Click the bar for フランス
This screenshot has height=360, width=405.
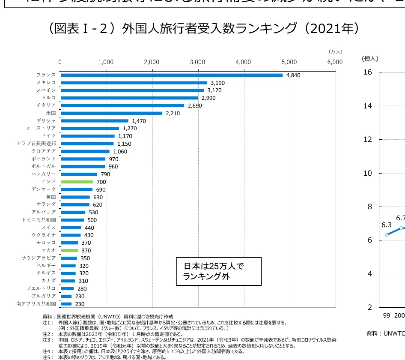171,75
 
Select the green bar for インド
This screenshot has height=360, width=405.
77,182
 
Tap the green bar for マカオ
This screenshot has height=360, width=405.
69,250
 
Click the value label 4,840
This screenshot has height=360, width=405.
293,75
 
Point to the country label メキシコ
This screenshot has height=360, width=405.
46,83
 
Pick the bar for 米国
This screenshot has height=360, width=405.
111,113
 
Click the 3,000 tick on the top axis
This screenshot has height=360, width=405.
197,62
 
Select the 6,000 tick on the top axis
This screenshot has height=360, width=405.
335,62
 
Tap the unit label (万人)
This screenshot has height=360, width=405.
336,51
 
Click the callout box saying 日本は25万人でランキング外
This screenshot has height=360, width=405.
218,271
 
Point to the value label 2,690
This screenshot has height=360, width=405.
194,106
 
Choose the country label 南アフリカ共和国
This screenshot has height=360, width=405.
36,304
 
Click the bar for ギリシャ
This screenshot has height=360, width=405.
94,121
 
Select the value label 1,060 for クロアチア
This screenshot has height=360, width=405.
120,152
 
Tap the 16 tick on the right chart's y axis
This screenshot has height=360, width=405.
367,72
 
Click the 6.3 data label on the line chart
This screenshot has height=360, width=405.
386,225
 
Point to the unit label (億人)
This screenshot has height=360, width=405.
370,58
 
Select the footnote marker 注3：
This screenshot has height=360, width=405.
48,339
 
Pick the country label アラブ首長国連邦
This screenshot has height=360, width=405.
36,144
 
